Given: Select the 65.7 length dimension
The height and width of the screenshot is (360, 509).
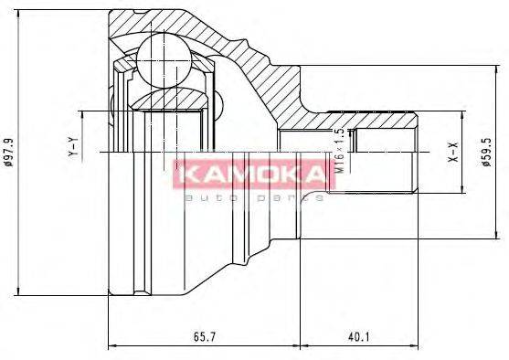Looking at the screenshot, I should [204, 337].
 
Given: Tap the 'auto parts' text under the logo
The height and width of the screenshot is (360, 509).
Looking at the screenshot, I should [253, 196].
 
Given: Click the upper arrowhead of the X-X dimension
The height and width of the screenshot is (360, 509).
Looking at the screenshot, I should [462, 112].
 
